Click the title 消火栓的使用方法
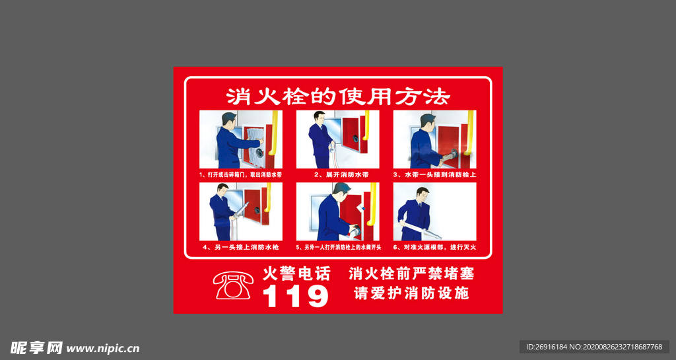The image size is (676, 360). (x=338, y=97)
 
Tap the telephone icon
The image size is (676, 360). (x=233, y=285)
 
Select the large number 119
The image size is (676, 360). (x=295, y=297)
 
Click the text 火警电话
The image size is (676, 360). (x=296, y=273)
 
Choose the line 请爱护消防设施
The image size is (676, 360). (x=411, y=293)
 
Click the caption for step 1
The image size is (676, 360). (x=240, y=175)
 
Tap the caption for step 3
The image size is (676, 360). (x=434, y=175)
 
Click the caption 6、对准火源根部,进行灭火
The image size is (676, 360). (x=434, y=247)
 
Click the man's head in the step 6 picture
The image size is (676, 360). (x=422, y=194)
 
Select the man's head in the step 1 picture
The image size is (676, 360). (x=229, y=120)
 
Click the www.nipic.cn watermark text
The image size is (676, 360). (x=103, y=348)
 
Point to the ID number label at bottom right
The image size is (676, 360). (x=594, y=347)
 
